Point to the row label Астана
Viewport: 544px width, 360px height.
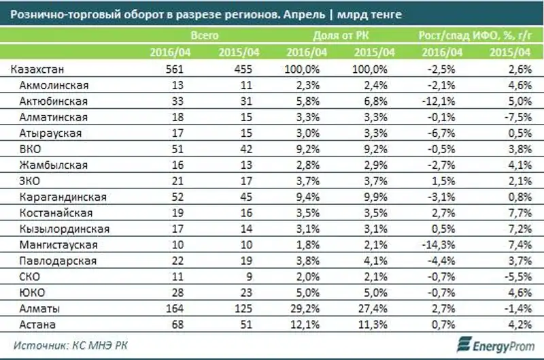tap(39, 324)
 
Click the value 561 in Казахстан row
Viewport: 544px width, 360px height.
tap(175, 69)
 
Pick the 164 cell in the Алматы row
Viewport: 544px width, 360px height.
tap(175, 308)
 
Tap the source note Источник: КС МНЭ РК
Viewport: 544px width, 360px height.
tap(69, 344)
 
